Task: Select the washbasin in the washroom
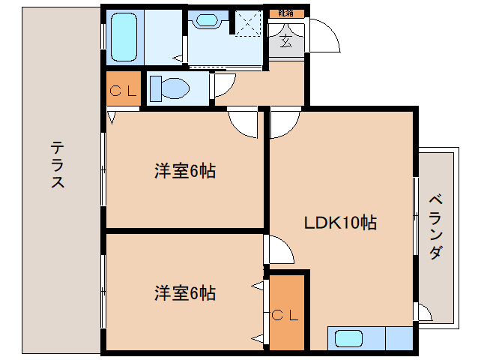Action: pyautogui.click(x=205, y=21)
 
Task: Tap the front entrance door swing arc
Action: pyautogui.click(x=324, y=36)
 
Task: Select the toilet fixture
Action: pyautogui.click(x=169, y=88)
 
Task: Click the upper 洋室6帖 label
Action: pyautogui.click(x=185, y=171)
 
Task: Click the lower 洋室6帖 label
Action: pyautogui.click(x=185, y=292)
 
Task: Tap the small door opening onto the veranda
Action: pyautogui.click(x=424, y=313)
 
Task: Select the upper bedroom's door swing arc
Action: pyautogui.click(x=242, y=122)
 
